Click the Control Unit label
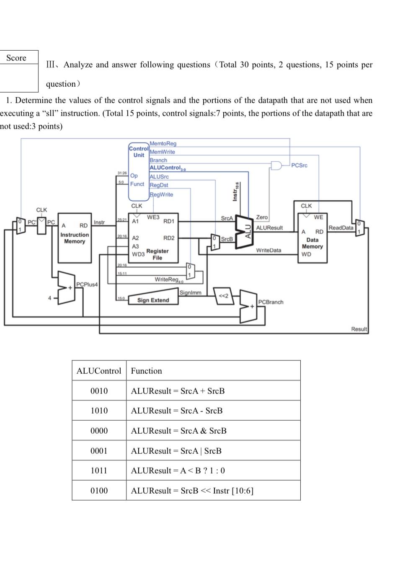pyautogui.click(x=139, y=152)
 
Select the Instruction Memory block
pyautogui.click(x=75, y=238)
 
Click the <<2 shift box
pyautogui.click(x=224, y=296)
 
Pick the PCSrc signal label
pyautogui.click(x=299, y=166)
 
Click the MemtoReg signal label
pyautogui.click(x=163, y=144)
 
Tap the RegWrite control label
pyautogui.click(x=161, y=194)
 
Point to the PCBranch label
pyautogui.click(x=271, y=302)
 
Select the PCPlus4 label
pyautogui.click(x=87, y=285)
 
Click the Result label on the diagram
pyautogui.click(x=359, y=329)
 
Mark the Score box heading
pyautogui.click(x=16, y=58)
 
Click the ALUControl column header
pyautogui.click(x=99, y=371)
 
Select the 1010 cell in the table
pyautogui.click(x=99, y=411)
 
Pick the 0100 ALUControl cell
pyautogui.click(x=99, y=491)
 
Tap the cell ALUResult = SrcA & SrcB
pyautogui.click(x=179, y=431)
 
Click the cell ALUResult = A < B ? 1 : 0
pyautogui.click(x=178, y=471)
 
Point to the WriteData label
pyautogui.click(x=269, y=250)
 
